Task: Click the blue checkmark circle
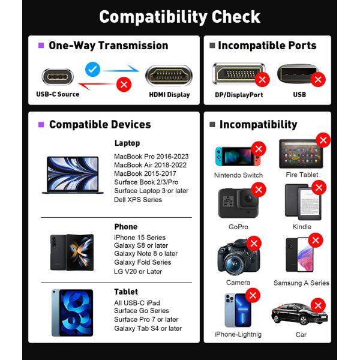tap(93, 69)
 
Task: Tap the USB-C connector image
tap(58, 77)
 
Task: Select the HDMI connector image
tap(169, 76)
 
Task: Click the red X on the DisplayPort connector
tap(262, 80)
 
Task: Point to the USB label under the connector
tap(299, 95)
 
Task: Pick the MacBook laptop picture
tap(73, 175)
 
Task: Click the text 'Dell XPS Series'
tap(138, 200)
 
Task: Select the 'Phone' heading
tap(126, 227)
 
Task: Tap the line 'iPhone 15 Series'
tap(140, 238)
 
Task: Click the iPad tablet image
tap(72, 313)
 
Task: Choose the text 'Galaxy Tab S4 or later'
tap(148, 329)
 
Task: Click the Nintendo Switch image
tap(238, 156)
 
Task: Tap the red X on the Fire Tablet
tap(323, 140)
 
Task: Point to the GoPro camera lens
tap(248, 199)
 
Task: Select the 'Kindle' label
tap(302, 227)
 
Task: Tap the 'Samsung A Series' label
tap(301, 283)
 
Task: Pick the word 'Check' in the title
tap(236, 17)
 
